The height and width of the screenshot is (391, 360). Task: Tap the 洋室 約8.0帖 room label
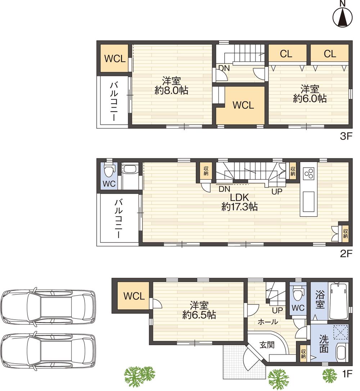click(171, 85)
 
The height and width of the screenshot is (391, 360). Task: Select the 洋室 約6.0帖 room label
click(310, 93)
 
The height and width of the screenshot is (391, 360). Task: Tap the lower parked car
click(48, 352)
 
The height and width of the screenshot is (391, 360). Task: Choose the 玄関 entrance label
click(267, 345)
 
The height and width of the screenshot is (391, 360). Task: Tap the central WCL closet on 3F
click(243, 105)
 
